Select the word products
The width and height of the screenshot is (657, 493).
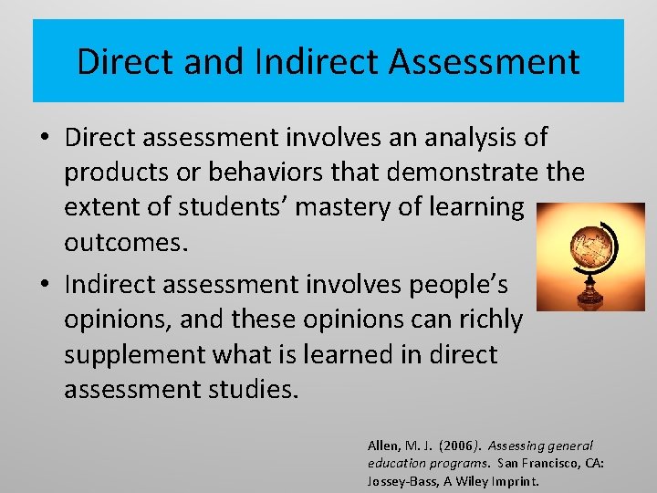coord(125,173)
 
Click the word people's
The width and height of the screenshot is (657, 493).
coord(463,285)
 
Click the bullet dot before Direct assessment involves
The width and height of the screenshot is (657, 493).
coord(44,139)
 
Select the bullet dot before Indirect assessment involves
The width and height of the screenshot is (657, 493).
coord(44,286)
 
